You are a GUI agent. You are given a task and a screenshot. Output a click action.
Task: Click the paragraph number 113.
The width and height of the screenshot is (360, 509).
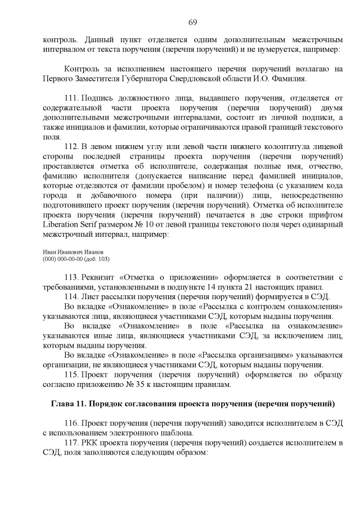click(x=73, y=278)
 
